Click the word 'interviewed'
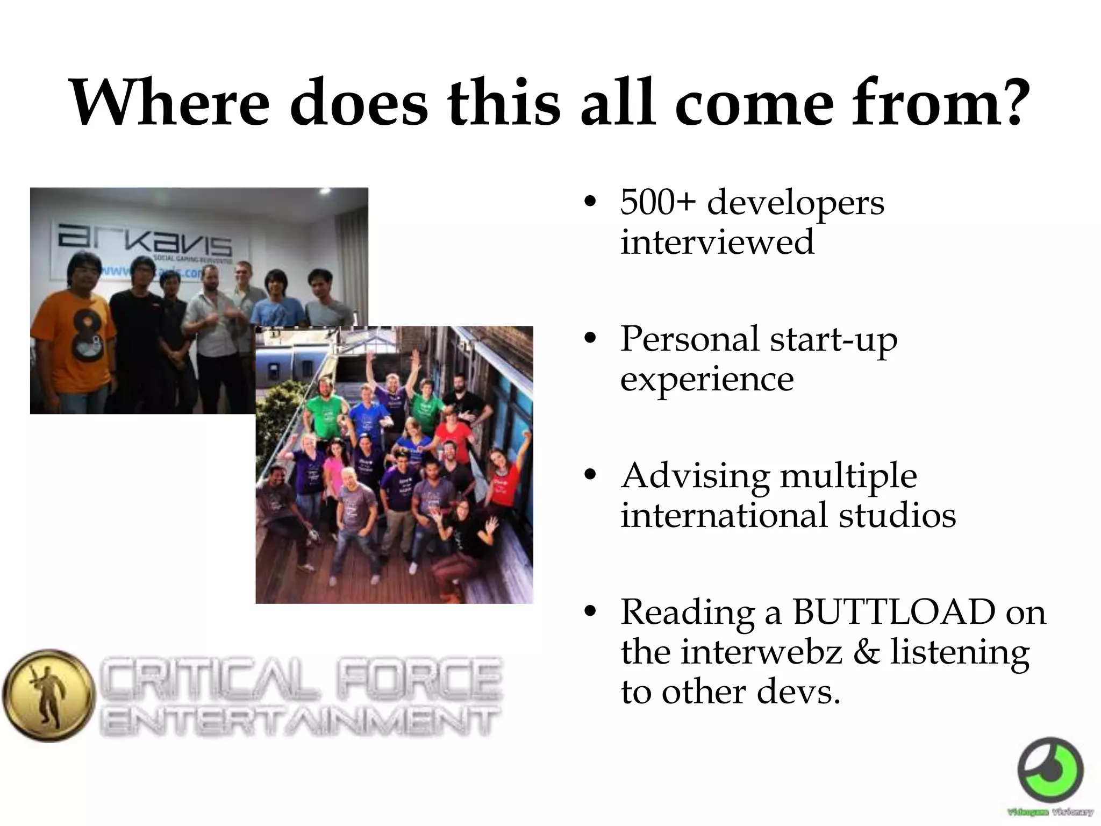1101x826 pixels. coord(717,242)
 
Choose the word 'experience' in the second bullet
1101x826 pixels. coord(707,379)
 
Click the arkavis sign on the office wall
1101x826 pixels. coord(145,240)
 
